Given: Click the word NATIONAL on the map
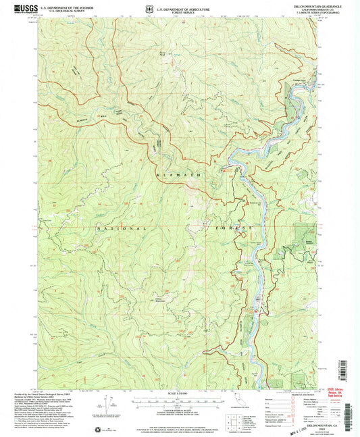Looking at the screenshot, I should click(x=108, y=228).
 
